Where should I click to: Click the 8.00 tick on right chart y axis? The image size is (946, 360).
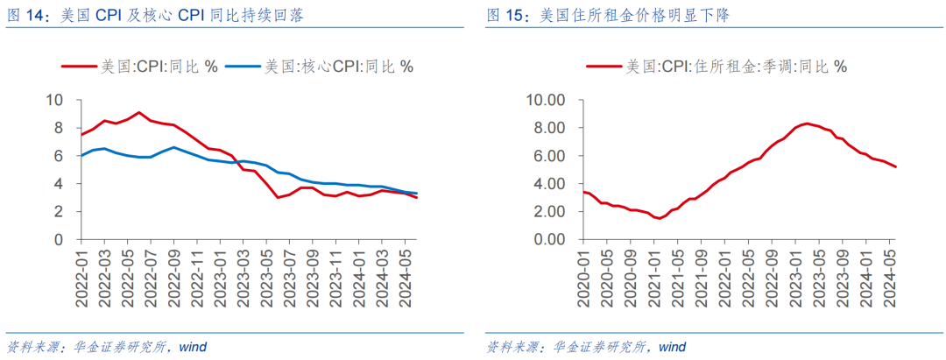pyautogui.click(x=551, y=128)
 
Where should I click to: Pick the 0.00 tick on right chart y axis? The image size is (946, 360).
pyautogui.click(x=551, y=239)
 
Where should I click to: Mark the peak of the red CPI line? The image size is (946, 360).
pyautogui.click(x=138, y=112)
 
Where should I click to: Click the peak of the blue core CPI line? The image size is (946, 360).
pyautogui.click(x=173, y=147)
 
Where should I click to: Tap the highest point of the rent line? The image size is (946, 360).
pyautogui.click(x=807, y=124)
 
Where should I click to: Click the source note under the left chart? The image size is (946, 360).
pyautogui.click(x=106, y=347)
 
